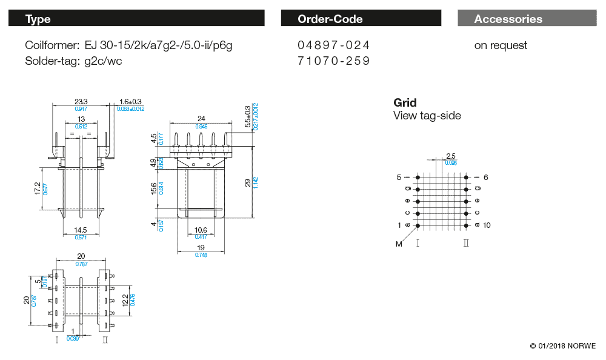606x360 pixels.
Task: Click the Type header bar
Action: (136, 19)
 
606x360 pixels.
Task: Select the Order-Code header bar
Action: (361, 19)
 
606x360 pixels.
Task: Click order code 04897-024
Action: (333, 45)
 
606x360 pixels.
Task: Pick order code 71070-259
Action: (333, 61)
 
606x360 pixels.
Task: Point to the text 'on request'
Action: (501, 45)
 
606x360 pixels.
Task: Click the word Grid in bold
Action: (405, 103)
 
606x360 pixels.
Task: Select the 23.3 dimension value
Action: (81, 101)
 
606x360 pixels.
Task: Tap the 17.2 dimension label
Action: (37, 189)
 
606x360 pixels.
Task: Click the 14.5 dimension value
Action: (81, 230)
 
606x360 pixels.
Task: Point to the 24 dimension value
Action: (202, 118)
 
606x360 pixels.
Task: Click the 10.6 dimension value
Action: (201, 230)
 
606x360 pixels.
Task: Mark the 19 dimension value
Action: (201, 248)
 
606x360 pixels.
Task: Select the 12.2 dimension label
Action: (125, 300)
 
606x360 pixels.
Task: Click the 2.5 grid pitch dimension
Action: (450, 156)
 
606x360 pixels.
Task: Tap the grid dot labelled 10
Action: (466, 225)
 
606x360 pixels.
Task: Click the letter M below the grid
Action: (399, 244)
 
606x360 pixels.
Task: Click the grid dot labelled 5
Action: (418, 178)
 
